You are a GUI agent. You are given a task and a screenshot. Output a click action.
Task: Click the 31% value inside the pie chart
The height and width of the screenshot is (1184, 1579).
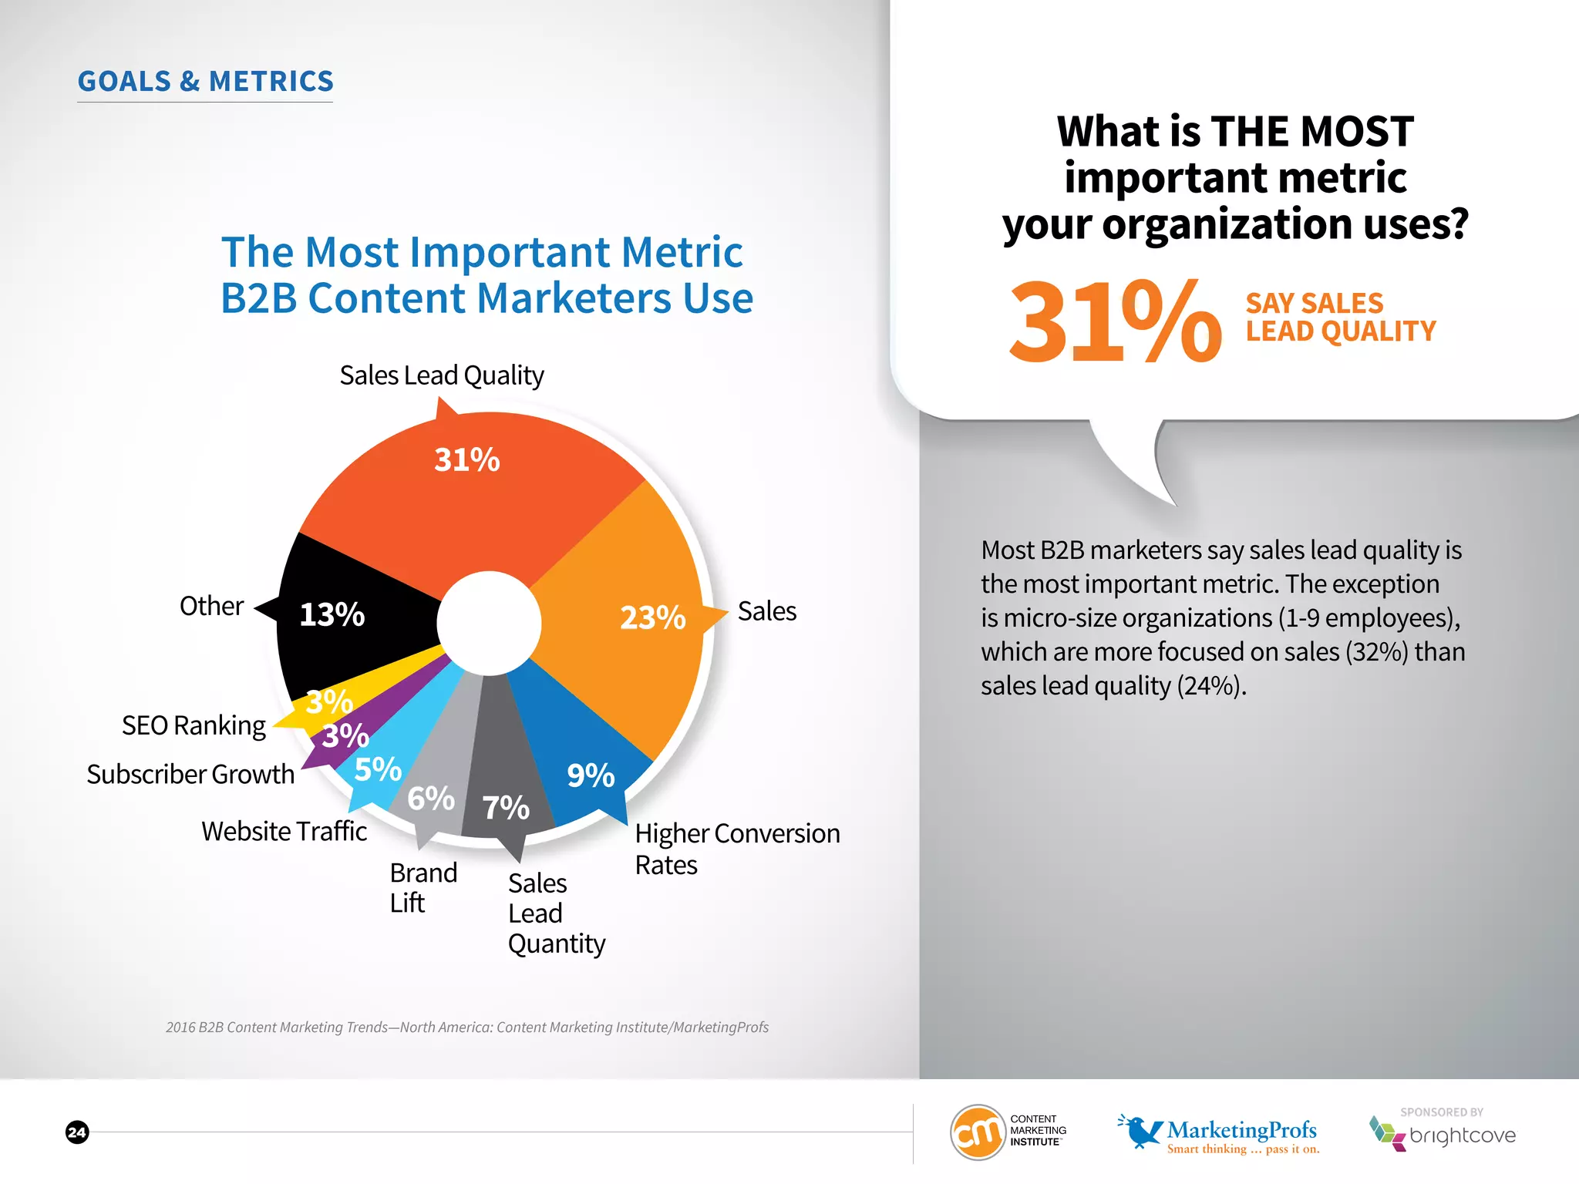(466, 460)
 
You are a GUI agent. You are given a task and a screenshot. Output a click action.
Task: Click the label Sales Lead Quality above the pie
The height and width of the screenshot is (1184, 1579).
(442, 375)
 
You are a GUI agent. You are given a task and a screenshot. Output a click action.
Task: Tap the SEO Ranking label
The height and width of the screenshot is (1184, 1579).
(194, 725)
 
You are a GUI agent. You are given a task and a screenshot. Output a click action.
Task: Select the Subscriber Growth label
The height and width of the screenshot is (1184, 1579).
(190, 774)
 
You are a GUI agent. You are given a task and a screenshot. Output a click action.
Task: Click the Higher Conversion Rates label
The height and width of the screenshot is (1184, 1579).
(736, 848)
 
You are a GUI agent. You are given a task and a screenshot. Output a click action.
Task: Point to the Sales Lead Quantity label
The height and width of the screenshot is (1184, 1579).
(555, 913)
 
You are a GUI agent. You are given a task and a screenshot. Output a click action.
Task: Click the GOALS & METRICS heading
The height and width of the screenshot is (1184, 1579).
(206, 82)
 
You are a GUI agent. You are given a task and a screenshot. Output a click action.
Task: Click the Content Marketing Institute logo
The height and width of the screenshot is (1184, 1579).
(1008, 1132)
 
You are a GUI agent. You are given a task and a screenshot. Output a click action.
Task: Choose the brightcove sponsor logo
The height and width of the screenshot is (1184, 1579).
(1443, 1133)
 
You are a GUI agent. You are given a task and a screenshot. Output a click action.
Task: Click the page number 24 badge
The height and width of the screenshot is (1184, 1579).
(77, 1132)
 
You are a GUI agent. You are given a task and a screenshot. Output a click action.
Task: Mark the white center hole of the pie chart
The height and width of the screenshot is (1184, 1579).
(489, 623)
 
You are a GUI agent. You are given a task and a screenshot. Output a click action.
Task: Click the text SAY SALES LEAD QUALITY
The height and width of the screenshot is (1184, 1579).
(1340, 317)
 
